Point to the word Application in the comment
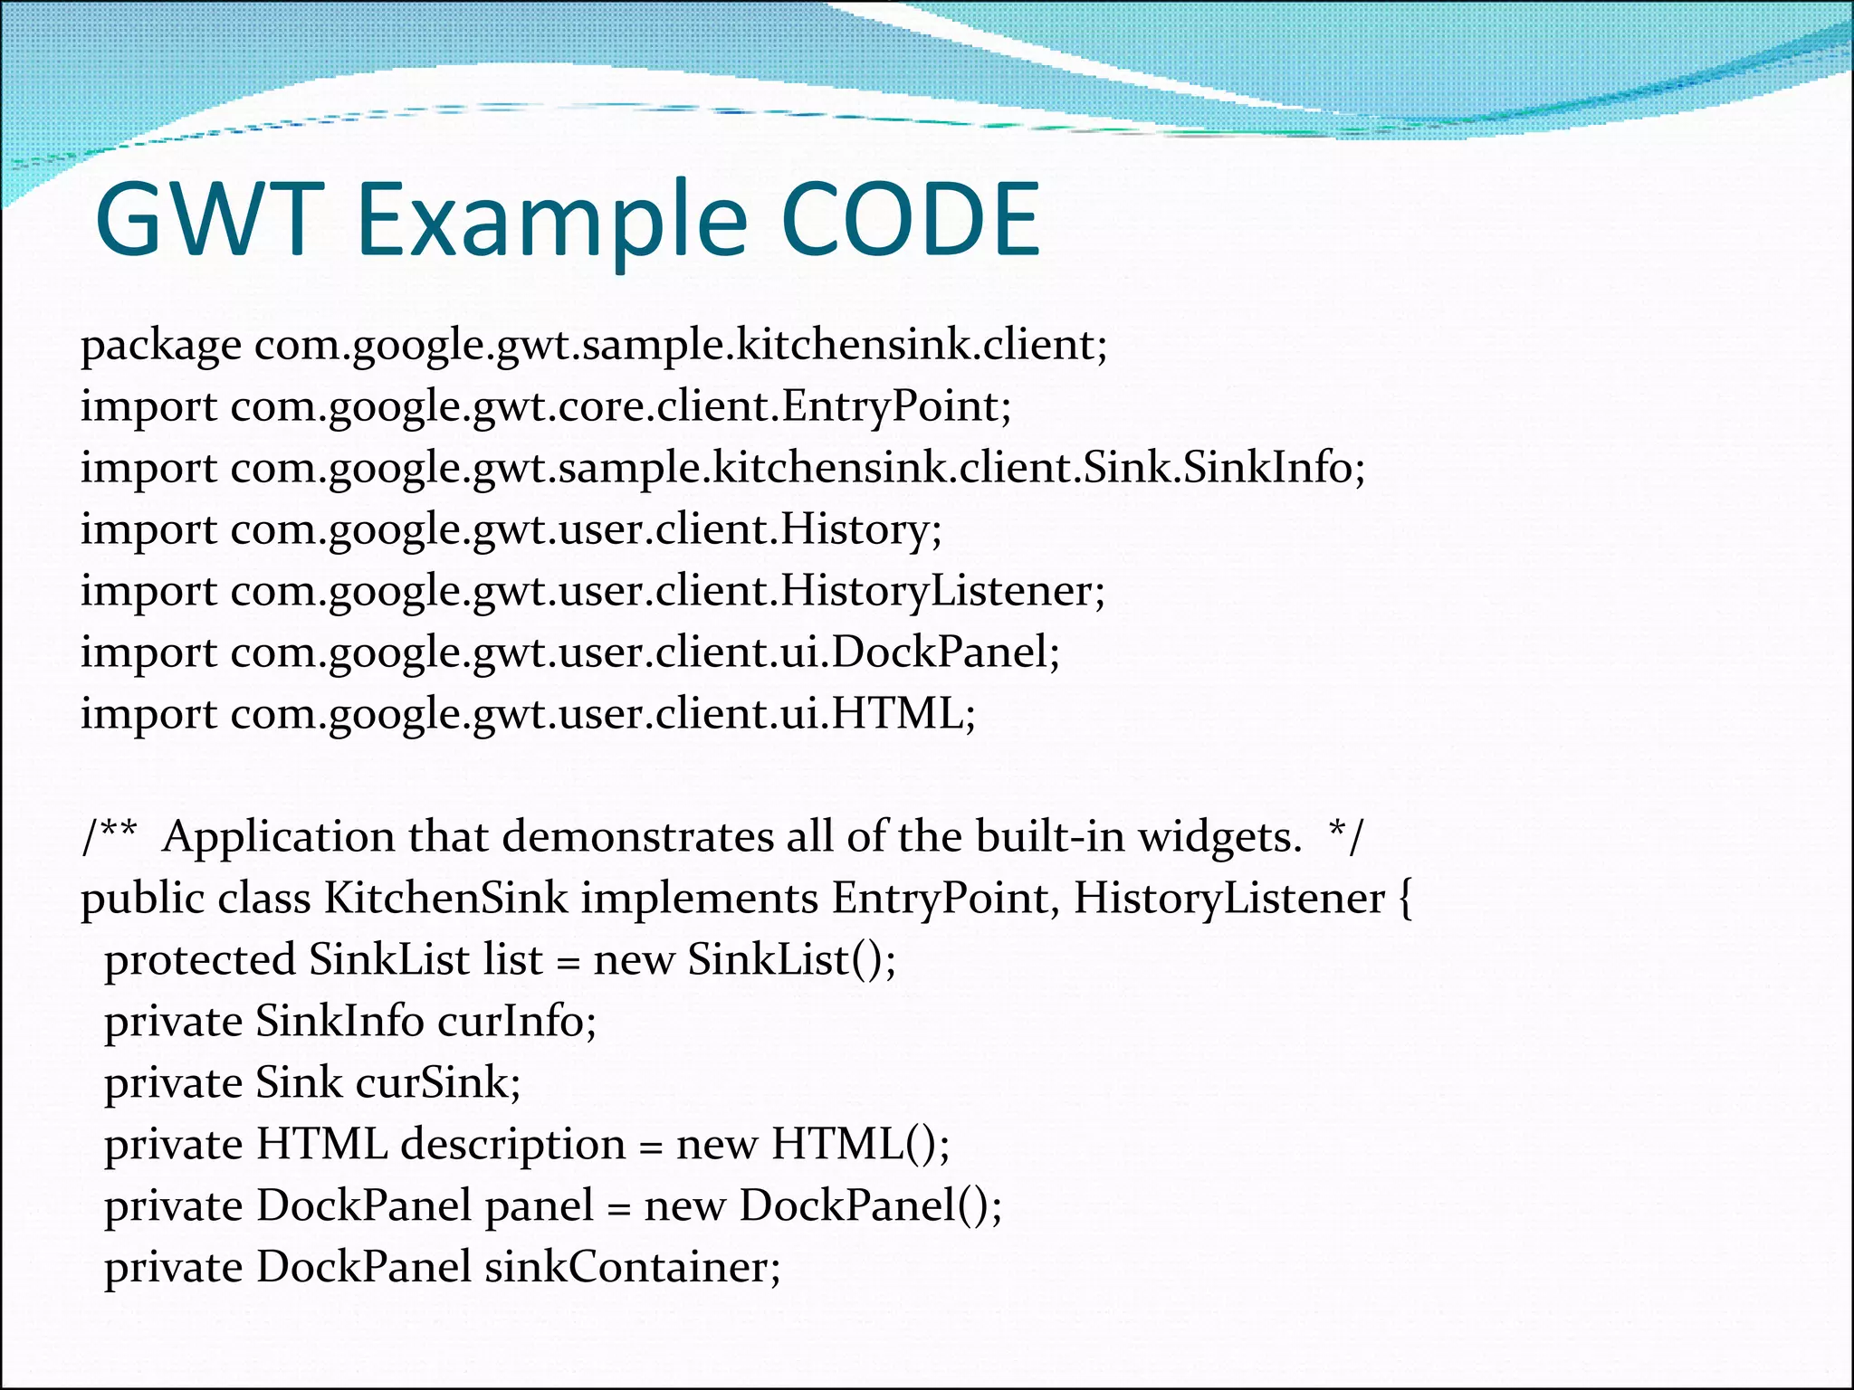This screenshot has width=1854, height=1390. (278, 838)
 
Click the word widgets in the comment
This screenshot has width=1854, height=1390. (1219, 838)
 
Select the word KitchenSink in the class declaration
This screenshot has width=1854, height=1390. (446, 899)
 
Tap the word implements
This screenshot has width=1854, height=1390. (699, 899)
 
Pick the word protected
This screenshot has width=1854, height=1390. (199, 960)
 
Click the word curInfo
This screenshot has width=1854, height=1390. (517, 1022)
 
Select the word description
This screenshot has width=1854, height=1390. (513, 1146)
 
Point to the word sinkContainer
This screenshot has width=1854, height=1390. (632, 1268)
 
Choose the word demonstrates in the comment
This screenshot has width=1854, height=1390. (637, 837)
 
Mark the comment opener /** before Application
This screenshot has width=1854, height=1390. (110, 837)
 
